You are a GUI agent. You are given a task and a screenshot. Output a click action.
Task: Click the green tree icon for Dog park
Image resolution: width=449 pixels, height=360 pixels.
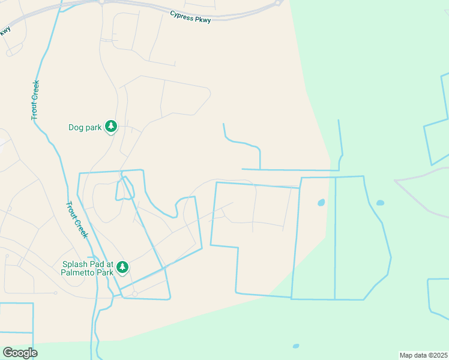click(110, 127)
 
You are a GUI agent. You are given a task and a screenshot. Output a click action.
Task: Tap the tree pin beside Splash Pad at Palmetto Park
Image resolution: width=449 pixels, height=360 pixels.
click(122, 267)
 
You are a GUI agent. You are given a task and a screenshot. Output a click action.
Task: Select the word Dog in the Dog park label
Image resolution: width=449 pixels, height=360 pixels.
click(75, 127)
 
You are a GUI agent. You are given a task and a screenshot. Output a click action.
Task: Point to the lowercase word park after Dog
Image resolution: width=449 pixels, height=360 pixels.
click(92, 127)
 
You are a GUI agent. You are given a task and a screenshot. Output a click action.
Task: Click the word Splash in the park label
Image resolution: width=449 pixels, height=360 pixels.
click(75, 264)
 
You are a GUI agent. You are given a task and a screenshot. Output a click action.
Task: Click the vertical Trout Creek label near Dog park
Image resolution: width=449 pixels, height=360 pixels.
click(35, 100)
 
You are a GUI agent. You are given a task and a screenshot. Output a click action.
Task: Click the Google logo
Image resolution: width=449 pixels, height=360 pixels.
click(20, 352)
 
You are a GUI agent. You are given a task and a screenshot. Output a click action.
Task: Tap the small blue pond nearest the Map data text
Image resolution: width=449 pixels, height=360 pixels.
click(296, 346)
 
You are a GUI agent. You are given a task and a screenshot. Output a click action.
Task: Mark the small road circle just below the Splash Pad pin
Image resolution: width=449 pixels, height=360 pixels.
click(135, 294)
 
